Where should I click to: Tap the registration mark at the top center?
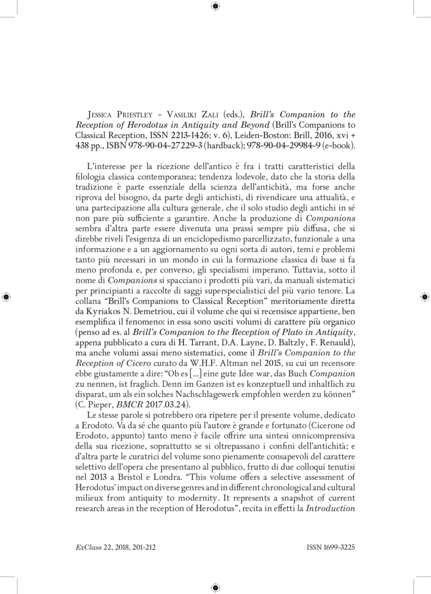coord(215,6)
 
